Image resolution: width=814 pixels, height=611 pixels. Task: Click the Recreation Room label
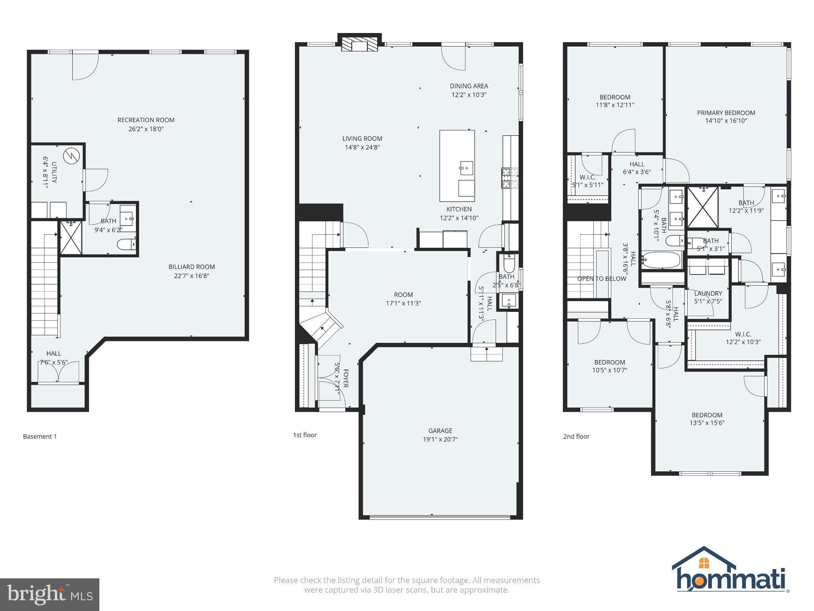point(146,120)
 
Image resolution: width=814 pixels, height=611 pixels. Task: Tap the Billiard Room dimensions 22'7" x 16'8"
point(192,276)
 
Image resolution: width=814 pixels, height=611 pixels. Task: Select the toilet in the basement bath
point(126,244)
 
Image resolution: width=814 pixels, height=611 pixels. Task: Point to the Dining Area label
point(469,86)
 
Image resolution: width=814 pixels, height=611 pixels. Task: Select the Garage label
point(440,430)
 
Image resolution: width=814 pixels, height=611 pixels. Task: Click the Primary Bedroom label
point(726,113)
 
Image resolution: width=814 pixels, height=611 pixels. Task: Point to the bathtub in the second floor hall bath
point(661,260)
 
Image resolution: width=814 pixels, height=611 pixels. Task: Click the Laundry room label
point(708,294)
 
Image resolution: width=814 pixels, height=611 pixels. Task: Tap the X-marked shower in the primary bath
point(703,207)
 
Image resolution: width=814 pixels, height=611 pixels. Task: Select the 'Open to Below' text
point(601,278)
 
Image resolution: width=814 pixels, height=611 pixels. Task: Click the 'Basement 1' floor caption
point(40,436)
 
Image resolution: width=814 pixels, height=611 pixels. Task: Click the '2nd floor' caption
point(576,436)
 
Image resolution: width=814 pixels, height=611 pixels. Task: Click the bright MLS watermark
point(49,594)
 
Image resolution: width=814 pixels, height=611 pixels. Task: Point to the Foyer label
point(345,378)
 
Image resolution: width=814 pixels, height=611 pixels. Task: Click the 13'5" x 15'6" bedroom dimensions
point(707,423)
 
